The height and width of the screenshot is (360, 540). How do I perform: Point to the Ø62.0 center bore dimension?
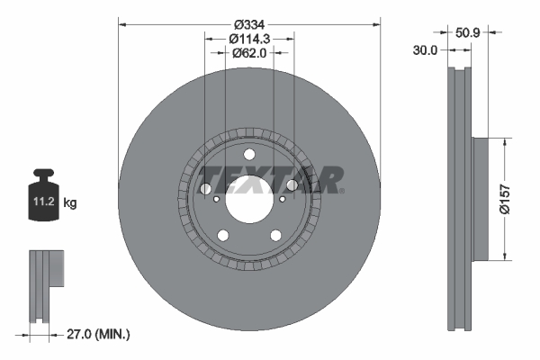[249, 52]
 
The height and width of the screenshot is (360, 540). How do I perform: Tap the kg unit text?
[70, 204]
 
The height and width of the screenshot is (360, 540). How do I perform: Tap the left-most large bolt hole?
[205, 189]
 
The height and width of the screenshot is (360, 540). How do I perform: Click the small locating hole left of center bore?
[216, 200]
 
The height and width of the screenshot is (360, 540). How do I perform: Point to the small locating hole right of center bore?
[283, 200]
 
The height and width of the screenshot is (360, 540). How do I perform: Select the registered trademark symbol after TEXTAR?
[343, 190]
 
